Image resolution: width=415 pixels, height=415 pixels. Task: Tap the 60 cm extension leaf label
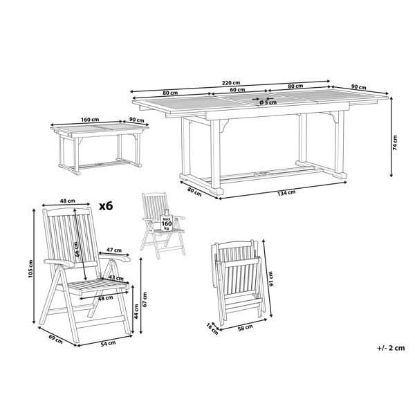click(237, 89)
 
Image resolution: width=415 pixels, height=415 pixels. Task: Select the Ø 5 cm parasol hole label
click(268, 102)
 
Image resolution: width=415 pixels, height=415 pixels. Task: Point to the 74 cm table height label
click(395, 143)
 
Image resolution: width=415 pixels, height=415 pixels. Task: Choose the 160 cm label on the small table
click(90, 120)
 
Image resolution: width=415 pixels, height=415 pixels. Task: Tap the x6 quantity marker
click(106, 206)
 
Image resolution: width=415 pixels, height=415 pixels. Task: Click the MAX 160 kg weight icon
click(167, 221)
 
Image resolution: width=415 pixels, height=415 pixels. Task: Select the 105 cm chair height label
click(30, 268)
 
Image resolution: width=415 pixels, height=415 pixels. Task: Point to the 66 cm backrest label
click(76, 250)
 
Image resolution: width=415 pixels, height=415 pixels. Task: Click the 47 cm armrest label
click(114, 250)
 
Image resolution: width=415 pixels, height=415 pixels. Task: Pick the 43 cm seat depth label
click(116, 278)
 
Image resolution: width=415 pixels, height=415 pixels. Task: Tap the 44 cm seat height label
click(136, 311)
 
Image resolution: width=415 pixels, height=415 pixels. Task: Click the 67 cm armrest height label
click(145, 299)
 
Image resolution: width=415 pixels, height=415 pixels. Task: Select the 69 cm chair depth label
click(55, 340)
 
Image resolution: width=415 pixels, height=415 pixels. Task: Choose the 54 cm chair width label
click(109, 343)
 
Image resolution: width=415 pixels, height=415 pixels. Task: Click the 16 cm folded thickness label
click(212, 329)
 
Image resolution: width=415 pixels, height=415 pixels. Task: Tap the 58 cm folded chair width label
click(245, 327)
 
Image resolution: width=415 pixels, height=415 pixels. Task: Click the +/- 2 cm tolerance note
click(391, 347)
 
